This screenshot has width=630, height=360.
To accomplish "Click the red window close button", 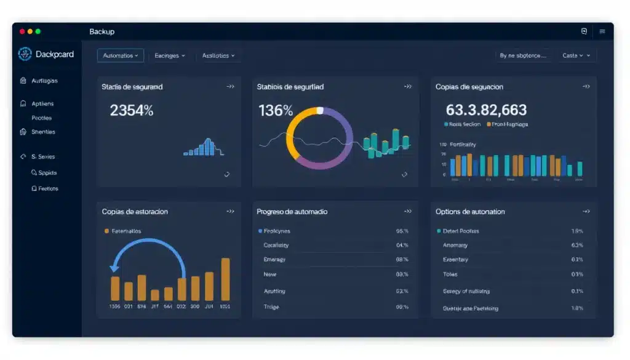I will click(22, 31).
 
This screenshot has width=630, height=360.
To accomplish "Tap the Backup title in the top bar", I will click(102, 31).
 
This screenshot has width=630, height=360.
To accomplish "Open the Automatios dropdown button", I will click(121, 55).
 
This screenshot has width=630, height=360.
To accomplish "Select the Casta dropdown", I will click(576, 55).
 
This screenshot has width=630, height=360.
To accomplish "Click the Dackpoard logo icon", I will click(25, 54).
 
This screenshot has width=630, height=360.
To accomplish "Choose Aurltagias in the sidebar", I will click(44, 81).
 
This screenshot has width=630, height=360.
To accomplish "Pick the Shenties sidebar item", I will click(43, 132).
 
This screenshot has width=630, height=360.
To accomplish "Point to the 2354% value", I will click(132, 111).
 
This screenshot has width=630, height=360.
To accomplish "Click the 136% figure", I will click(276, 111).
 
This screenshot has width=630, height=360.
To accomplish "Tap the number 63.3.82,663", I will click(486, 110).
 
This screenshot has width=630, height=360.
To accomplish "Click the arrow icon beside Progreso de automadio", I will click(407, 211).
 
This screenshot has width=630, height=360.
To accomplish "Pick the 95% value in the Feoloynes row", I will click(402, 231).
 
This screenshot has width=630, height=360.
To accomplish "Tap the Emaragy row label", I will click(274, 260).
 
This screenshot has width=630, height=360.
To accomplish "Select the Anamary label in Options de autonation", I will click(455, 245).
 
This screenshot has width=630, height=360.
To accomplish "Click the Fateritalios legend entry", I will click(126, 231).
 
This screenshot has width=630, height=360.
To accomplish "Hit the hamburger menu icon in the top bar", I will click(602, 31).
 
